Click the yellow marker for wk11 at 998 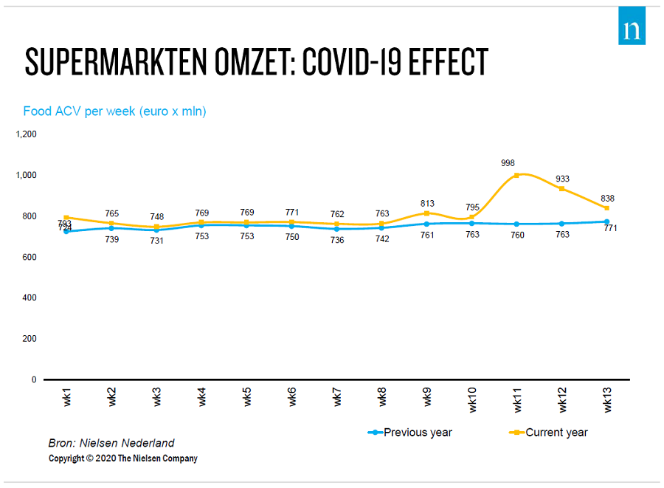pyautogui.click(x=516, y=175)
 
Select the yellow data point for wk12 pyautogui.click(x=561, y=188)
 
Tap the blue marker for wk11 pyautogui.click(x=516, y=224)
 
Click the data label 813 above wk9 pyautogui.click(x=427, y=203)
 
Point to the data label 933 pyautogui.click(x=562, y=179)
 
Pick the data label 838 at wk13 pyautogui.click(x=607, y=198)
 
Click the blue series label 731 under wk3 pyautogui.click(x=157, y=241)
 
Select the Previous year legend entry pyautogui.click(x=409, y=433)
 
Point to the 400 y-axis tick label pyautogui.click(x=29, y=298)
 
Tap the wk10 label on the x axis pyautogui.click(x=472, y=397)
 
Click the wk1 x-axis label pyautogui.click(x=67, y=396)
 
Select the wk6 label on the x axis pyautogui.click(x=292, y=396)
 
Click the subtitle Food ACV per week pyautogui.click(x=114, y=111)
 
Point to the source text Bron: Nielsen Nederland pyautogui.click(x=111, y=443)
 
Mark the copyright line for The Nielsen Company pyautogui.click(x=123, y=458)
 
